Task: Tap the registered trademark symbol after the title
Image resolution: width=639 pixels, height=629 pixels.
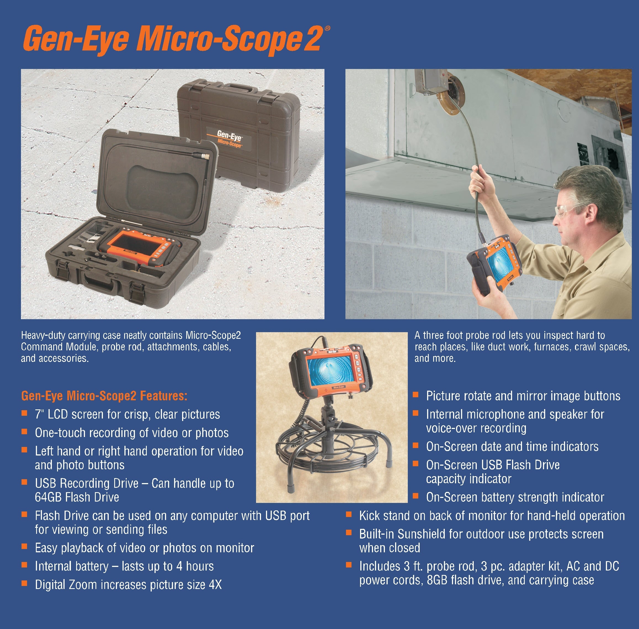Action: (x=327, y=29)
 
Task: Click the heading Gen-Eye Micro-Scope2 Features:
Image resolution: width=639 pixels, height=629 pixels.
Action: (x=104, y=396)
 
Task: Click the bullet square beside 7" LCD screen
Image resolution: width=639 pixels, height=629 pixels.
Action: (x=24, y=413)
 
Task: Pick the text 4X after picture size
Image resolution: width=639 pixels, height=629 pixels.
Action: (x=215, y=585)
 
